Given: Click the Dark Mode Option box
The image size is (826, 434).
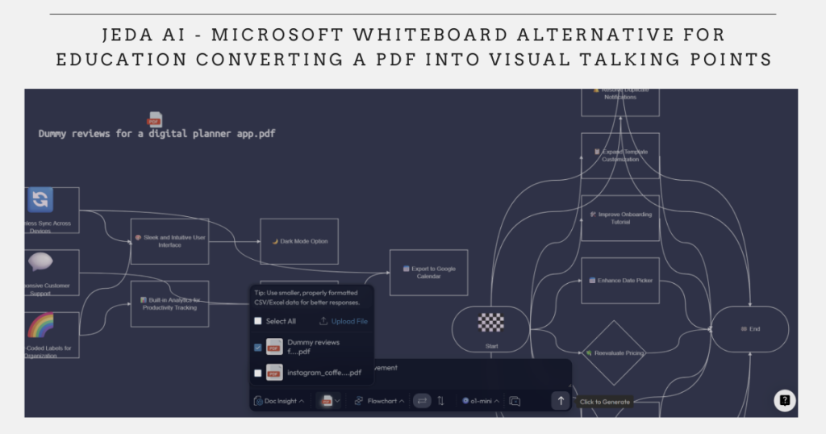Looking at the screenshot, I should pos(298,241).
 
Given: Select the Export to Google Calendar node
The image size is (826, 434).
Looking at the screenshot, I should pos(428,272).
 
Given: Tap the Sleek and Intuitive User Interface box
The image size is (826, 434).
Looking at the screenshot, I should pos(169,241).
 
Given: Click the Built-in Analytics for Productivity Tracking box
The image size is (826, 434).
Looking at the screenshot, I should pos(169,303).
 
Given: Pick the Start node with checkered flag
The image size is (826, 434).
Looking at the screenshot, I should pos(490,328).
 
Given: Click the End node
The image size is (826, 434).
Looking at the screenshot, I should pos(749,329).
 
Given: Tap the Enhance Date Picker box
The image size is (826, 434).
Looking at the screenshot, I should pos(620,280).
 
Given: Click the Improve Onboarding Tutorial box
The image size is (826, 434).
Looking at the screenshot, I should pos(620,218).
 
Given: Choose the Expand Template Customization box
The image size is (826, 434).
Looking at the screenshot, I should pos(620,155).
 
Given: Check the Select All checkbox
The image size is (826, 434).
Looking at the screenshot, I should pos(258,321).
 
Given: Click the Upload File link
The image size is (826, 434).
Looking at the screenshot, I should pos(344,321).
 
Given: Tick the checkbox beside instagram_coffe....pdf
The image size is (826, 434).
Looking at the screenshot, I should pos(258,373).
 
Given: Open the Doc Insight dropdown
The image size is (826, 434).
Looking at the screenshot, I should pos(279,401).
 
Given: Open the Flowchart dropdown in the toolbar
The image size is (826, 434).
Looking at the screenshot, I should pos(379,401).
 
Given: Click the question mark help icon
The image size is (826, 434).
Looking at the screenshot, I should pos(784,400).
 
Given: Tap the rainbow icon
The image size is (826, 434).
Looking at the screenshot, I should pos(40,326).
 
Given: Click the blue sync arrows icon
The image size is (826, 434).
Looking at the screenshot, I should pos(40,199).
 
